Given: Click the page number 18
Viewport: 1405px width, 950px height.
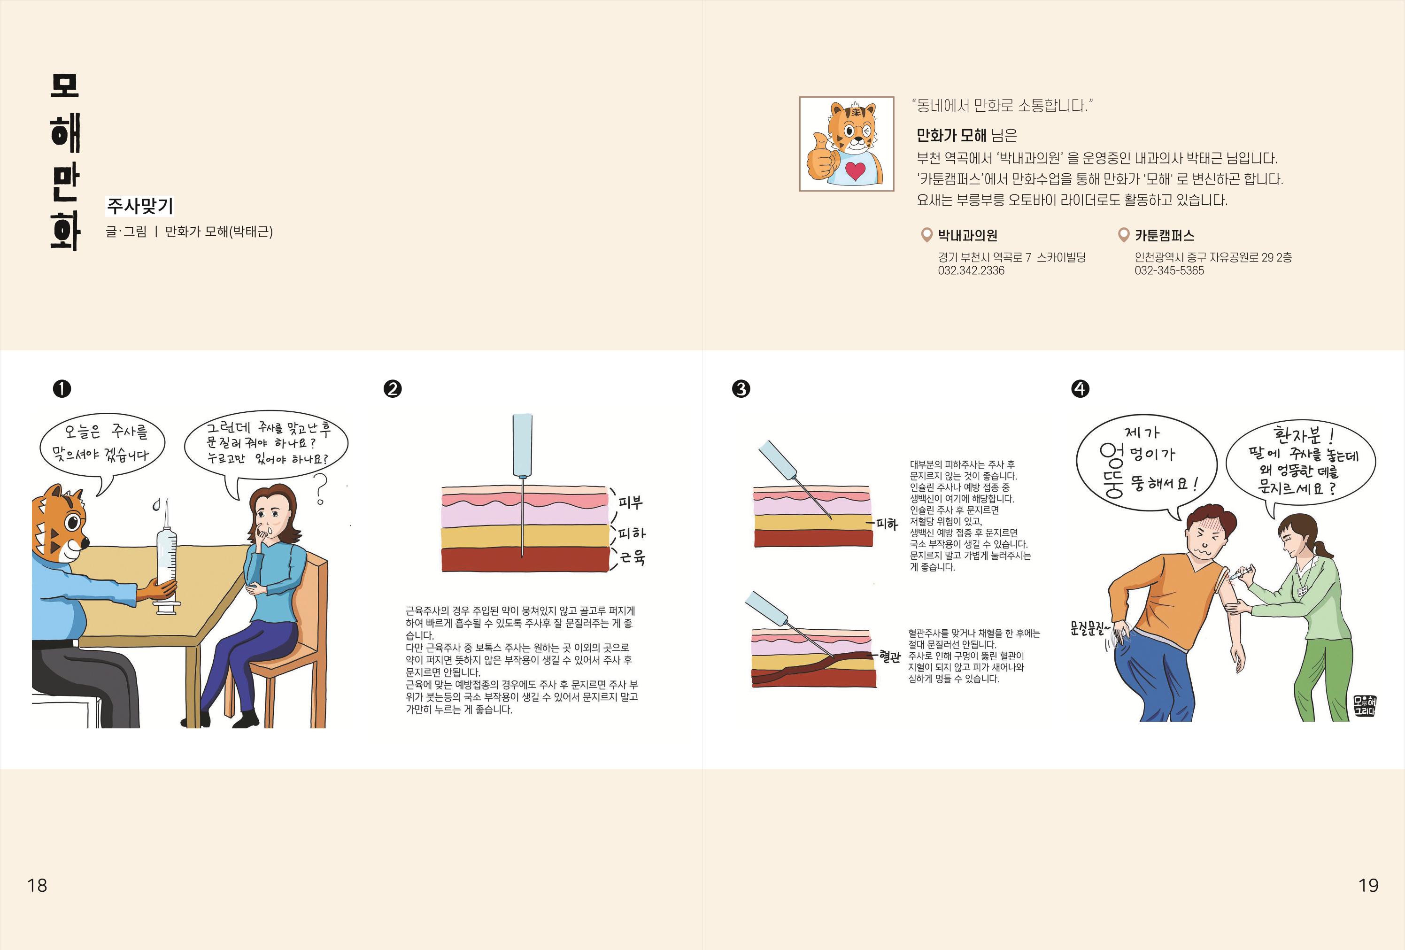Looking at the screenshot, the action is coord(37,885).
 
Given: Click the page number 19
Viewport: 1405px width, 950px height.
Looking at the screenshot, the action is coord(1368,885).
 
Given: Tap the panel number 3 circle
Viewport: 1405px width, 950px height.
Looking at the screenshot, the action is coord(741,388).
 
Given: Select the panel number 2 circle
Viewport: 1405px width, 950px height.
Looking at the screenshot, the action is coord(393,388).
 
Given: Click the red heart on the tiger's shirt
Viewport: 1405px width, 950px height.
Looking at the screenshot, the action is coord(855,171).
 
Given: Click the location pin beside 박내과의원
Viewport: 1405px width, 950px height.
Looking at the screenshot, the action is coord(926,235).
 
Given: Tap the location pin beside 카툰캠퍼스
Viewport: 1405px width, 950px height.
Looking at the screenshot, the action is coord(1123,235).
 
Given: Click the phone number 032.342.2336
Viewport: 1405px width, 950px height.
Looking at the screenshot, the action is coord(971,271).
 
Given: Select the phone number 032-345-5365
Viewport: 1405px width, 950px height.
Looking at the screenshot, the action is coord(1169,271).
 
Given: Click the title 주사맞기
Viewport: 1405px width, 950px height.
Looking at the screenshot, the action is coord(139,206).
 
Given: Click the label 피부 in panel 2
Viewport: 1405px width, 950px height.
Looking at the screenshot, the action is coord(631,502).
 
